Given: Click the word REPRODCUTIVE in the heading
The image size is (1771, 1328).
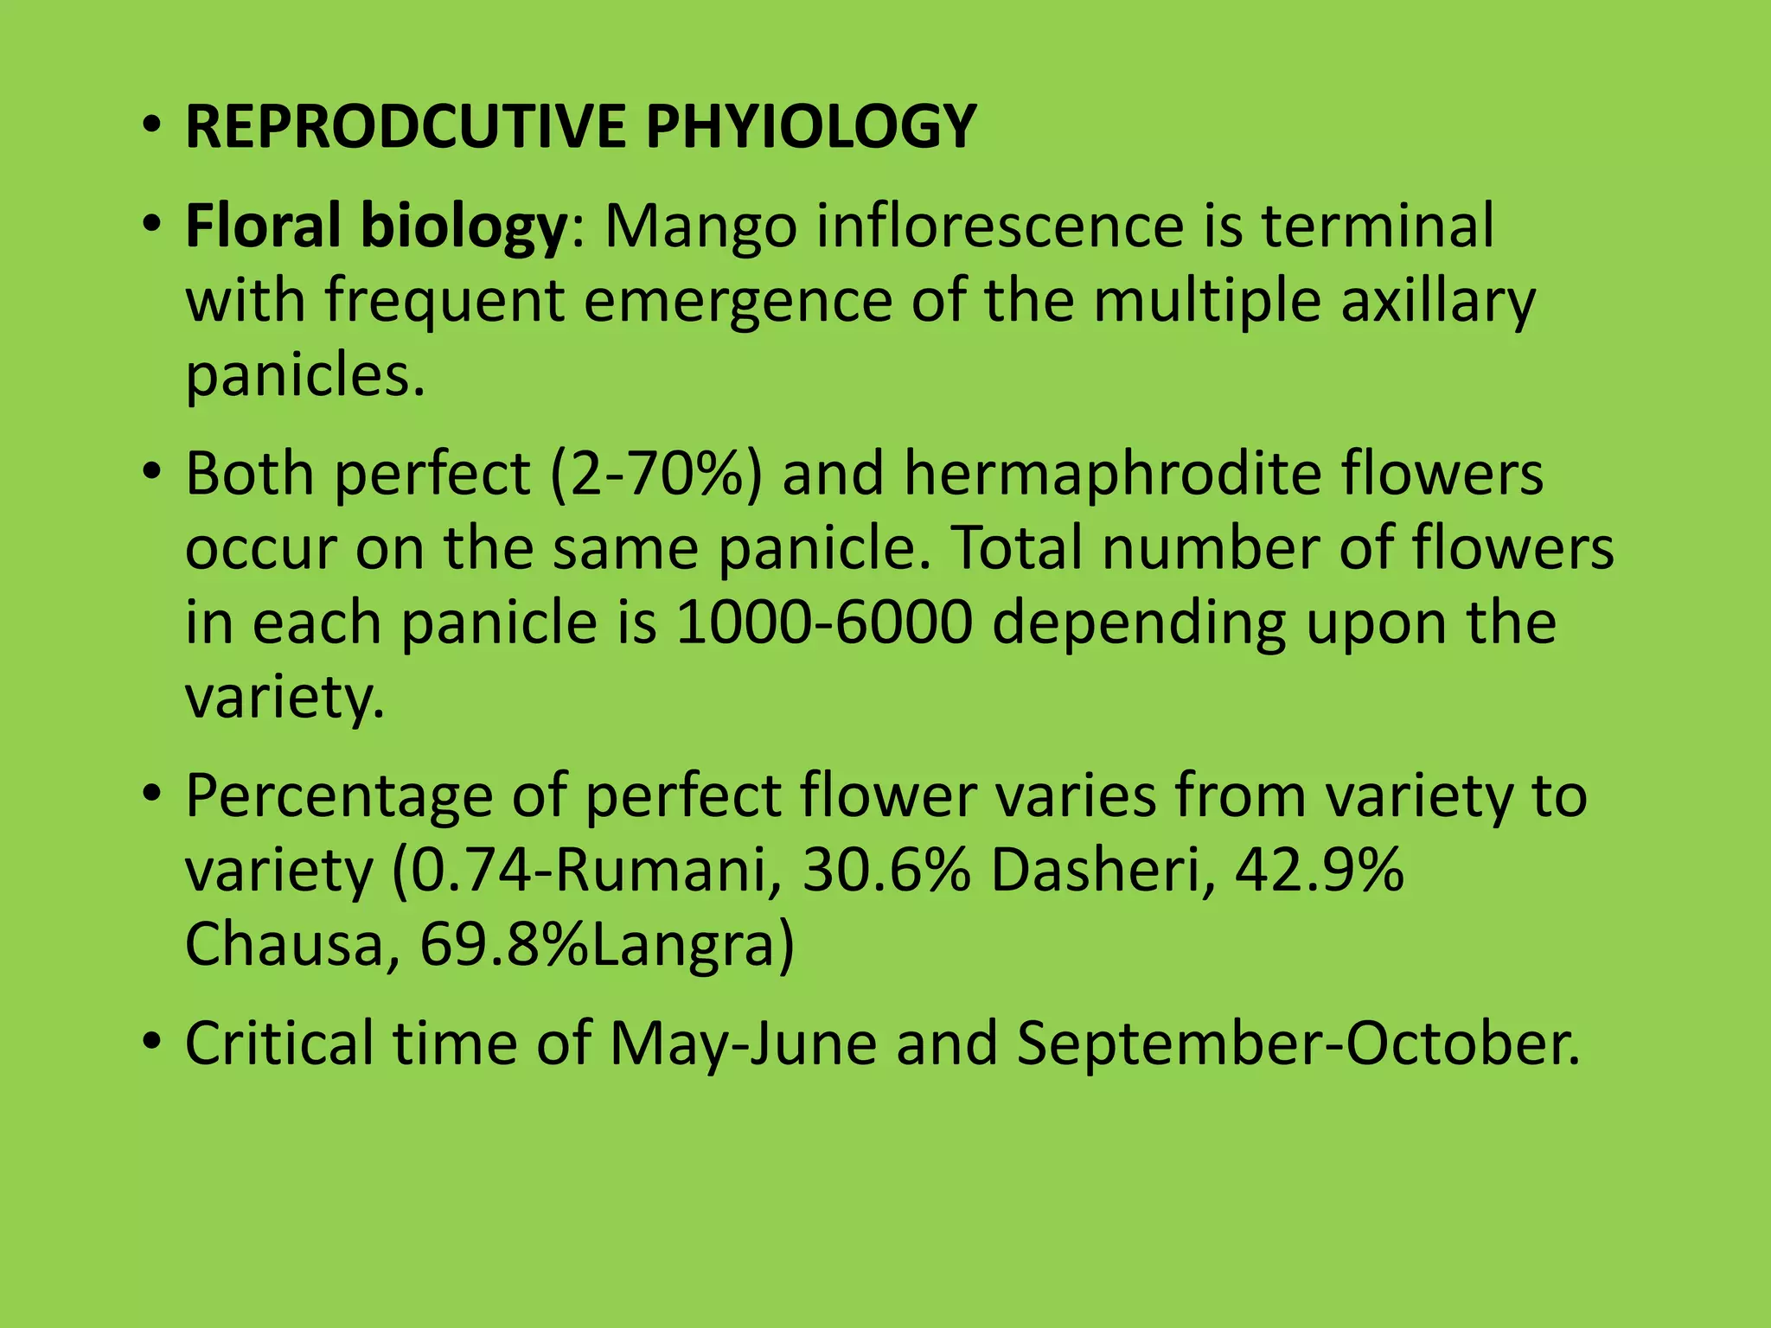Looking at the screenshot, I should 404,127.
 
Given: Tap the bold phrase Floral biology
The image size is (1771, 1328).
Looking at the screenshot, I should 375,227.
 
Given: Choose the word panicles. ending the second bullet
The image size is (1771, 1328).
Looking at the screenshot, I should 305,377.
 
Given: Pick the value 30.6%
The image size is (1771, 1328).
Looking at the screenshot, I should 886,871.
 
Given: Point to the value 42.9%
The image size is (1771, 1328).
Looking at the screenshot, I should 1319,871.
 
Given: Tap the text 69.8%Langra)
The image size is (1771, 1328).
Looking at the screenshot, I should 606,944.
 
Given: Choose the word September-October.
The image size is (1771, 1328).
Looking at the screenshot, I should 1296,1044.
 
